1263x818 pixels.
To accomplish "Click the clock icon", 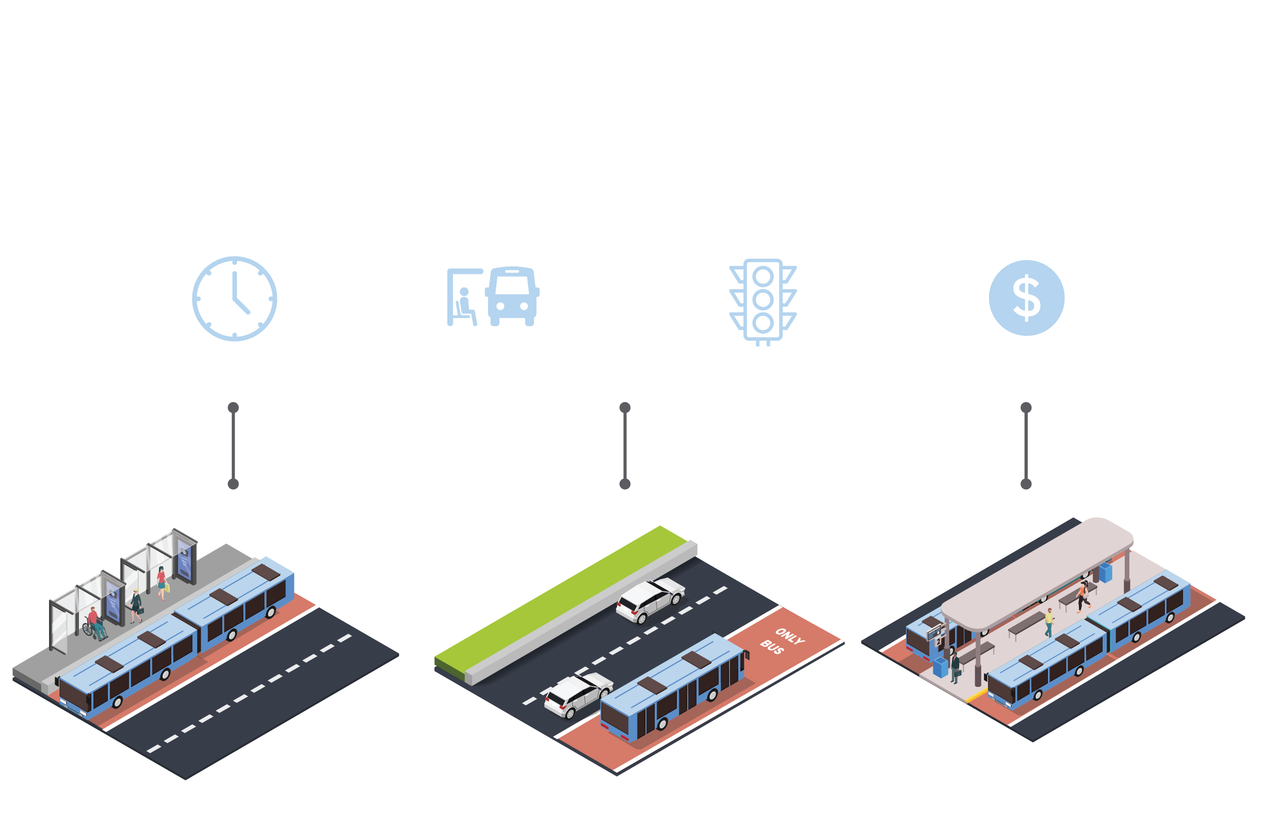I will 235,298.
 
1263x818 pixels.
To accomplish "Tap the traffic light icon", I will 763,300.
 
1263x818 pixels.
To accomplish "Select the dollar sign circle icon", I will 1026,298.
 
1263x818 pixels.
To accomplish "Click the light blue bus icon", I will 512,296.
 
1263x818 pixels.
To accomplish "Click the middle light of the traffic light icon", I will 763,300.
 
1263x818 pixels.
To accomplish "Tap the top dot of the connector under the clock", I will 233,408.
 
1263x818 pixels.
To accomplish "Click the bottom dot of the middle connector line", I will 625,484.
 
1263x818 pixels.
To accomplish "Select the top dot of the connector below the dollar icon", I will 1026,408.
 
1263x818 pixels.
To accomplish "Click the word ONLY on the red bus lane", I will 790,636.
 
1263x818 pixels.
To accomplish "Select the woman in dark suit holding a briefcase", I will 136,605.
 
